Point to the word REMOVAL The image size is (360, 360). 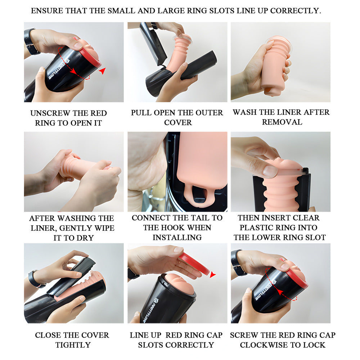282,122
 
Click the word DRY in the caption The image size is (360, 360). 86,238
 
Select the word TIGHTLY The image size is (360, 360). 73,345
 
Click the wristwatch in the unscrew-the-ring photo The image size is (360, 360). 32,41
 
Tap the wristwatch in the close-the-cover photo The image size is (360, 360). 36,279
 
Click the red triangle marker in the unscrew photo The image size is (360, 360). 103,71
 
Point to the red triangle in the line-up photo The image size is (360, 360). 213,275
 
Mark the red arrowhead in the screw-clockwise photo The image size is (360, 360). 279,292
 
